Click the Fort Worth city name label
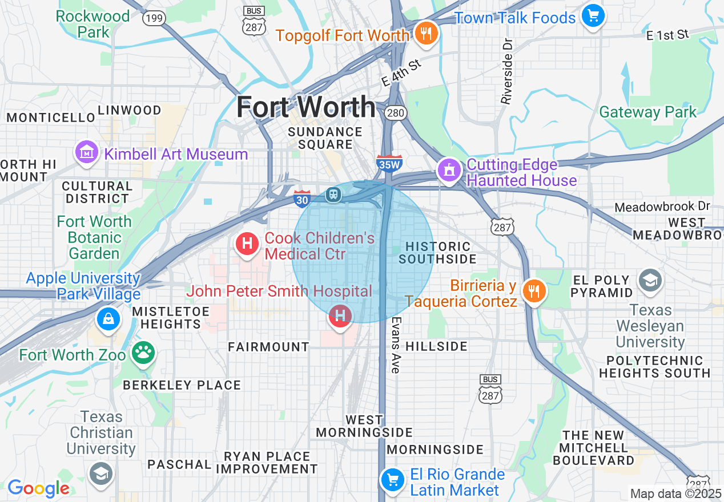(x=306, y=107)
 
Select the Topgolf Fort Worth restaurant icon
(x=425, y=34)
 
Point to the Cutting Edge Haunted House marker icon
(x=449, y=170)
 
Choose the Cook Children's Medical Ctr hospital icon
(x=247, y=244)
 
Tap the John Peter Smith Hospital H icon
(x=340, y=315)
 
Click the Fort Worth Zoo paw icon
(x=142, y=354)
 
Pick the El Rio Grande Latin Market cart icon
(x=392, y=479)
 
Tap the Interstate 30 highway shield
(x=302, y=199)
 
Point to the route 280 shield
(x=395, y=113)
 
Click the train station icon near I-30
(x=333, y=195)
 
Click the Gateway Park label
(x=647, y=112)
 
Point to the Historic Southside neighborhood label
(x=437, y=253)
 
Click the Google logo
(x=38, y=488)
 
